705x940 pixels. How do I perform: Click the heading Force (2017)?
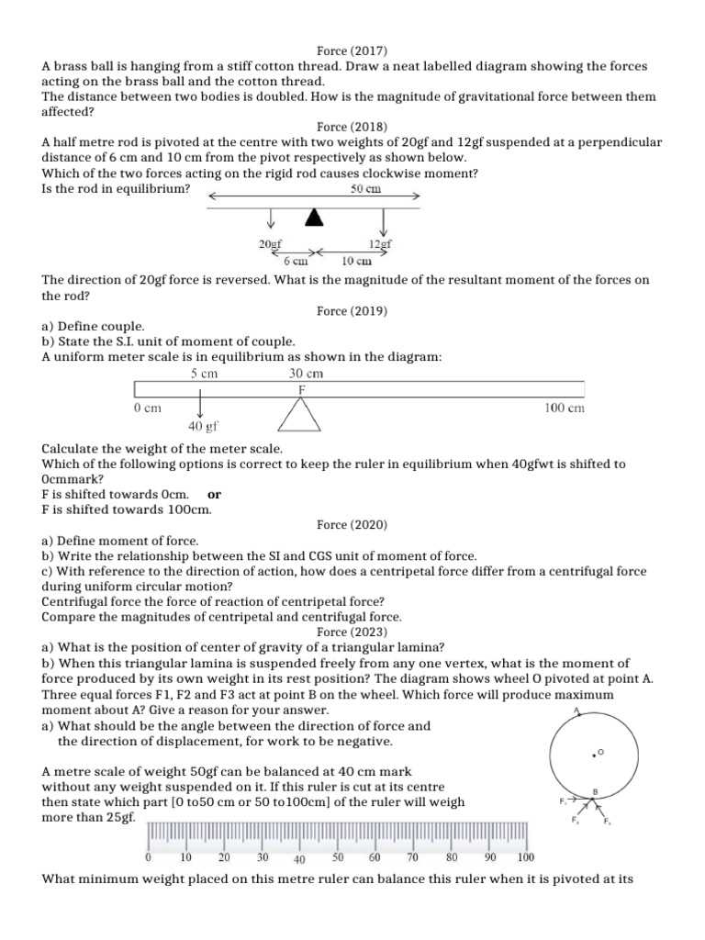pos(352,52)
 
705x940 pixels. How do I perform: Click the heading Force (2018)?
pos(352,127)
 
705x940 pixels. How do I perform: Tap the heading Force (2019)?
pos(352,311)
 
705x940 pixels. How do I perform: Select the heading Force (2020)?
pos(352,525)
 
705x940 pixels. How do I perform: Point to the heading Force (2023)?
pos(352,632)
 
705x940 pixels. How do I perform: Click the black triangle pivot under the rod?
pos(315,217)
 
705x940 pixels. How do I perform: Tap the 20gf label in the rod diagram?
pos(271,244)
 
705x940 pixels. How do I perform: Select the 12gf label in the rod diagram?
pos(381,244)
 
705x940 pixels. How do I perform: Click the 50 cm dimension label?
pos(366,189)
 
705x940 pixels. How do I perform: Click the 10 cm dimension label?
pos(356,261)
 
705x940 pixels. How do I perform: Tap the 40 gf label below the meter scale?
pos(203,427)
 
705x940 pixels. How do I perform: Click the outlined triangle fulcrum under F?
pos(300,415)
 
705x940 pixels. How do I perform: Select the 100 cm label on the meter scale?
pos(565,408)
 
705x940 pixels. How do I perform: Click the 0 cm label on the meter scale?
pos(147,408)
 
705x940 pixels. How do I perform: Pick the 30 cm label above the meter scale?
pos(306,374)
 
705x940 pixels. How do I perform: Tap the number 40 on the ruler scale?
pos(298,859)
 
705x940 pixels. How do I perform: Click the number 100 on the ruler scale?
pos(525,857)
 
